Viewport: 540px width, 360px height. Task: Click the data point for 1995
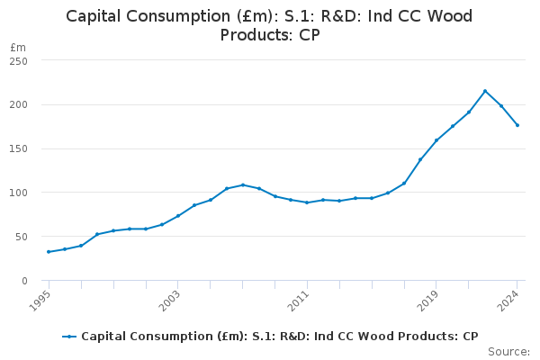pos(49,252)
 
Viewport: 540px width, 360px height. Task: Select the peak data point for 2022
pos(485,91)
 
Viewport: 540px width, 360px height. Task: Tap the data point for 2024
pos(517,125)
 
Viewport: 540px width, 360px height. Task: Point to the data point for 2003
pos(178,216)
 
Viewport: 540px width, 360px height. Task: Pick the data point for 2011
pos(307,202)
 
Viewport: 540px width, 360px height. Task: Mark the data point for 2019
pos(436,140)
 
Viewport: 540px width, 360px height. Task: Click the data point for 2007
pos(243,185)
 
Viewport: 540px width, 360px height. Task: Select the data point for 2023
pos(501,106)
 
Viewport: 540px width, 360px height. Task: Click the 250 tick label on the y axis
pos(19,61)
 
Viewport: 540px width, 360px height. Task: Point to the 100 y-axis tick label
pos(19,193)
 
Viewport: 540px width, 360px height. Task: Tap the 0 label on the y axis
pos(24,281)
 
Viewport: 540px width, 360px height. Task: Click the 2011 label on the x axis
pos(301,298)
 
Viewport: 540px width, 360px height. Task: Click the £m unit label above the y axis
pos(18,47)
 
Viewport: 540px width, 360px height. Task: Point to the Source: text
pos(508,352)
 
